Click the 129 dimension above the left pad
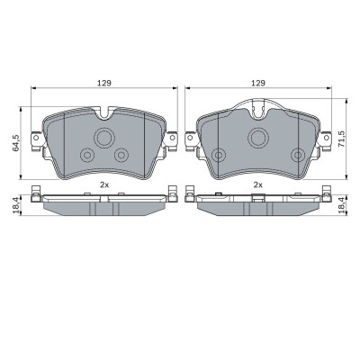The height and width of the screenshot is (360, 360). (103, 83)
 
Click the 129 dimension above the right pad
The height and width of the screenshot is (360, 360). (258, 83)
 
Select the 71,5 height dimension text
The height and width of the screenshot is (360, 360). (341, 139)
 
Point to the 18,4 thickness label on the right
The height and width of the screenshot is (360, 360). (341, 205)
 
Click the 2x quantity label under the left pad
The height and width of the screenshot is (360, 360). (104, 184)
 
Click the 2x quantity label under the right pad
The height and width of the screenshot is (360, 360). (258, 184)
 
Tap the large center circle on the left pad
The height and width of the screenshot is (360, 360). (104, 138)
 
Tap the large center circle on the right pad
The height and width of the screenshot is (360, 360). (258, 138)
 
